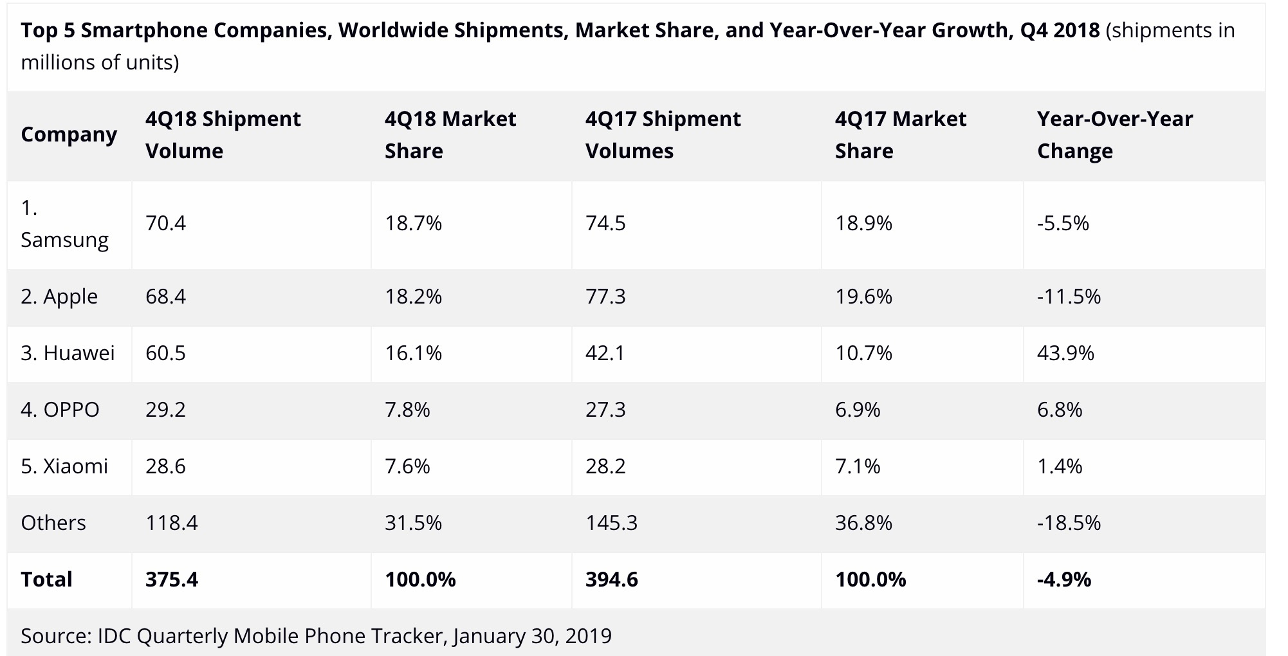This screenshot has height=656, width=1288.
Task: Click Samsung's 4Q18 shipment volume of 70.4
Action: point(165,223)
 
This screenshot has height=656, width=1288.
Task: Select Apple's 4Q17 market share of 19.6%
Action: point(863,296)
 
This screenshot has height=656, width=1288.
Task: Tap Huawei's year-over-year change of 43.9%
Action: point(1065,353)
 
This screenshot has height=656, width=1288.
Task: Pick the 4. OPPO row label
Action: point(60,410)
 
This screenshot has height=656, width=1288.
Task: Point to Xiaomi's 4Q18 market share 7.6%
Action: point(407,466)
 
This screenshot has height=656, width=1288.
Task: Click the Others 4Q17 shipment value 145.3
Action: point(611,523)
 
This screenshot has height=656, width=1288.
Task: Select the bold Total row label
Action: point(46,579)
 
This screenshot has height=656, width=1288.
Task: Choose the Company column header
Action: point(69,134)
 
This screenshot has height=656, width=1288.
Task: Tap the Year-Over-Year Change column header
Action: point(1114,134)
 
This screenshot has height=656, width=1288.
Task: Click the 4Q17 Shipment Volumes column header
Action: point(663,134)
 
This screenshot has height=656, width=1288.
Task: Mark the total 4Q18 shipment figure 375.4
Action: point(172,579)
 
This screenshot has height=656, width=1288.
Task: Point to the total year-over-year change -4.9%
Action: point(1064,579)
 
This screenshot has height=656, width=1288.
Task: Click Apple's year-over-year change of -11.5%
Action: point(1069,296)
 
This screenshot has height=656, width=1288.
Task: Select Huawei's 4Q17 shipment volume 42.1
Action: point(605,353)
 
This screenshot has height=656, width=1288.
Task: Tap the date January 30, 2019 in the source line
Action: point(532,635)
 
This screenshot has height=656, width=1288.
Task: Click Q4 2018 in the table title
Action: point(1060,30)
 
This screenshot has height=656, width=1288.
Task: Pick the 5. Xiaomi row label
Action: point(64,466)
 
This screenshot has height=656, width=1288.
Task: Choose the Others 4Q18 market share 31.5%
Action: point(413,523)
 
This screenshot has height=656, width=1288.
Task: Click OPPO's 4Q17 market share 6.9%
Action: point(858,410)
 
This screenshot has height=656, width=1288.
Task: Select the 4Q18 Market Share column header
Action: point(450,134)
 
